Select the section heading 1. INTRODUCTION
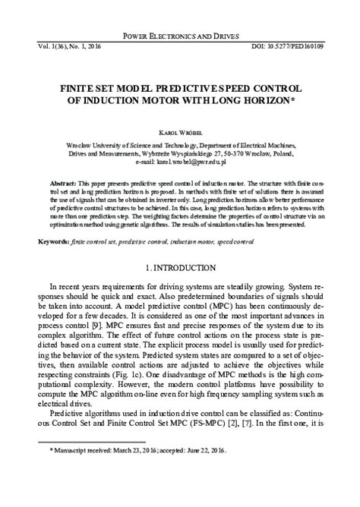coord(180,269)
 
